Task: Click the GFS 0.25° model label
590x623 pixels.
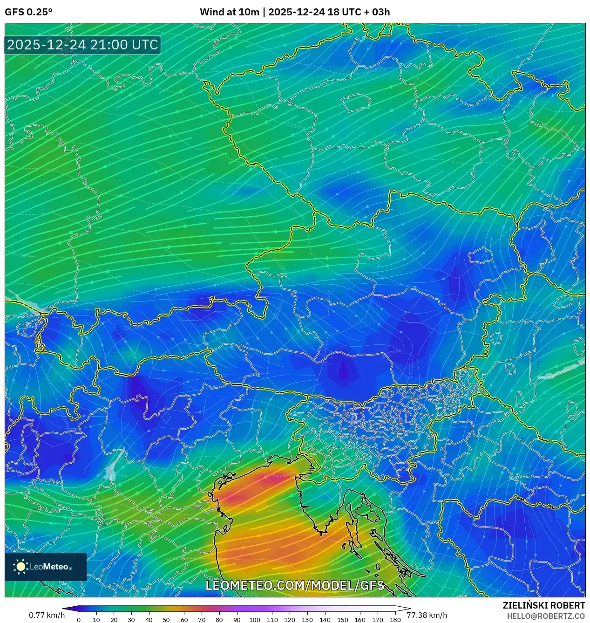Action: tap(28, 12)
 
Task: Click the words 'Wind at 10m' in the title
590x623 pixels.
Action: tap(229, 12)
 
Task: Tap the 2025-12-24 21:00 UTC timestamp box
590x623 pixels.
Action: tap(82, 45)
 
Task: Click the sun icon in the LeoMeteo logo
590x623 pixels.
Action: tap(21, 567)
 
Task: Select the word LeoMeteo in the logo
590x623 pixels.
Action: tap(49, 567)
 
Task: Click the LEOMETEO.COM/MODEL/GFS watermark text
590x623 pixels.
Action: tap(295, 585)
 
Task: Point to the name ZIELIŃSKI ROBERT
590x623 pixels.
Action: tap(544, 605)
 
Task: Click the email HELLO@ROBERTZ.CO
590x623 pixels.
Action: tap(546, 616)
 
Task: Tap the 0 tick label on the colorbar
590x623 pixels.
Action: tap(79, 620)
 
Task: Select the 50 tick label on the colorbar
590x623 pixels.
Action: tap(166, 620)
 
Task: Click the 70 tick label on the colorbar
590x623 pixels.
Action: tap(202, 620)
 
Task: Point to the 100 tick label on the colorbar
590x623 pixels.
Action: tap(254, 620)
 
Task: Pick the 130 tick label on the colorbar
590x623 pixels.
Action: tap(307, 620)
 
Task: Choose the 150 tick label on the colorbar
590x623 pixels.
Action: tap(342, 620)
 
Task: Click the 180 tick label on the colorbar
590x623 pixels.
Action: tap(395, 620)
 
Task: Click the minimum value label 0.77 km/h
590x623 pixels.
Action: tap(47, 615)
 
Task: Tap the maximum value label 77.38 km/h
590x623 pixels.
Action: tap(427, 615)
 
